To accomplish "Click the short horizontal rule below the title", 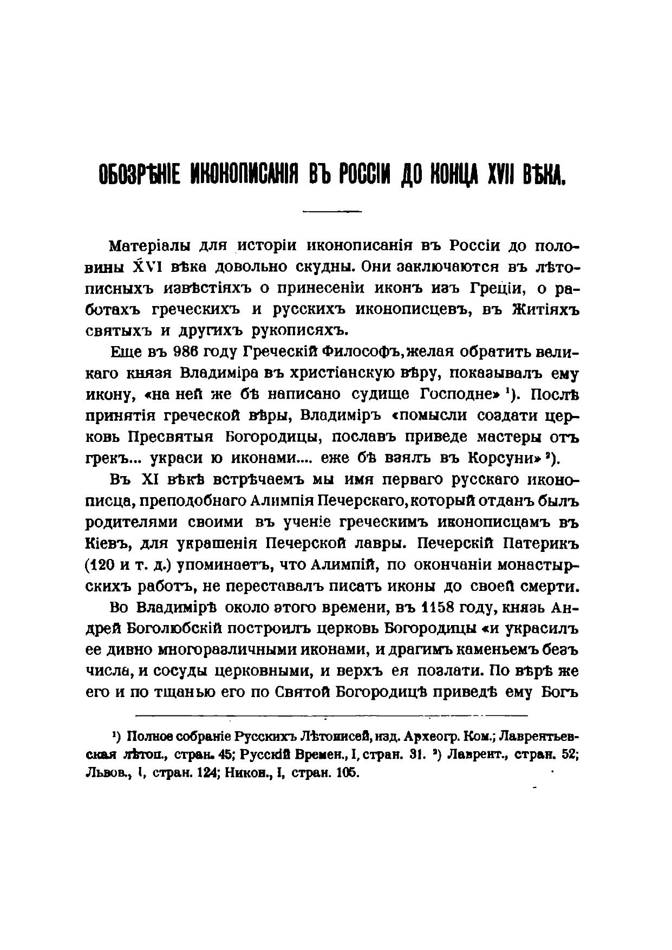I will [331, 211].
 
